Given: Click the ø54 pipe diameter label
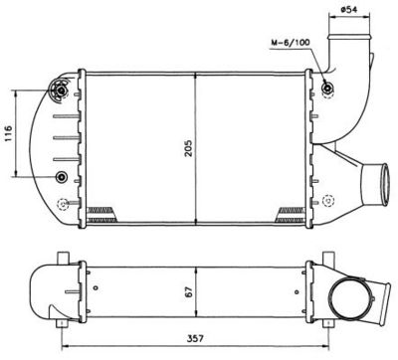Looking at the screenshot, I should click(349, 9).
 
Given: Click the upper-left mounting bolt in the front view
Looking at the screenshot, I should click(63, 91).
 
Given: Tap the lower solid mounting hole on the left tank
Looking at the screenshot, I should click(64, 177).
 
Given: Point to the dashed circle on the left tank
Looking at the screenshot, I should click(64, 206).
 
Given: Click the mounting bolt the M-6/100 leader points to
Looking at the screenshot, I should click(328, 90).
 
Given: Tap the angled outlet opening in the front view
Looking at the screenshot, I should click(377, 183).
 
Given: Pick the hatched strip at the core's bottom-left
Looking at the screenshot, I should click(102, 210).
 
